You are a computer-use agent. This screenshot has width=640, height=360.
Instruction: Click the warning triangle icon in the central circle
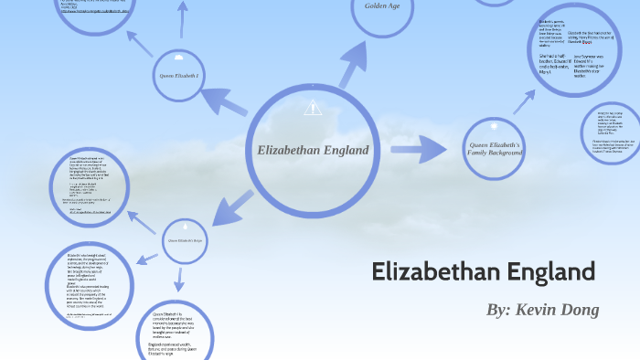click(x=313, y=108)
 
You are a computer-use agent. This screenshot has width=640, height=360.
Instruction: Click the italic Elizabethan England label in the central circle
click(x=313, y=150)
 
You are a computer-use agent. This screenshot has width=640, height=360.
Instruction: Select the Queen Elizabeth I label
click(x=178, y=75)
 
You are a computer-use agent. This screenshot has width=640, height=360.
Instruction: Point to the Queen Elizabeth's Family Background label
click(x=494, y=150)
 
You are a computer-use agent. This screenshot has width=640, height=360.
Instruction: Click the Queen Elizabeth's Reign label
click(x=186, y=240)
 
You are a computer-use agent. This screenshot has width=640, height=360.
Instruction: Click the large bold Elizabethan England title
click(x=484, y=271)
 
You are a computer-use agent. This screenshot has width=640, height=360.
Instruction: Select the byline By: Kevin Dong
click(x=542, y=310)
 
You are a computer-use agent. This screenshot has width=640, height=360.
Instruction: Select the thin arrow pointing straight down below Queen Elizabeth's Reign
click(x=180, y=279)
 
